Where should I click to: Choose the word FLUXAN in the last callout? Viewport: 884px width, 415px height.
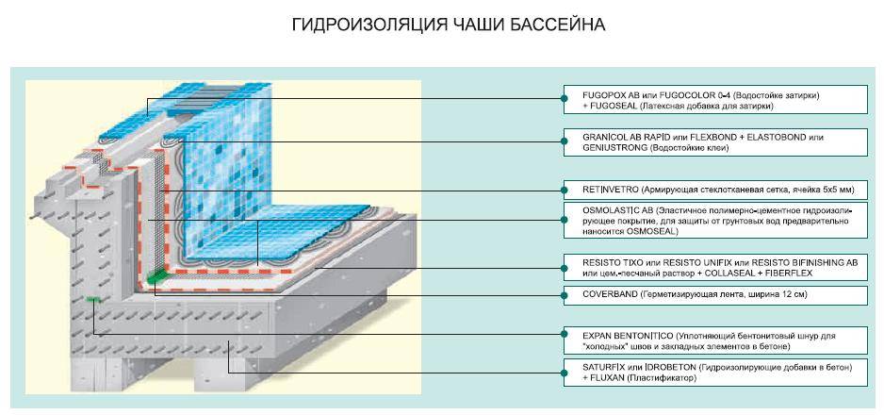coord(608,378)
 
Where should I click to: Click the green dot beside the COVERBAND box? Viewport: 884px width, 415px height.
coord(564,295)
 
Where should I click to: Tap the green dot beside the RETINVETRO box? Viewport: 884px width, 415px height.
coord(564,190)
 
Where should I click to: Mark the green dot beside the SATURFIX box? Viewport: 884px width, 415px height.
coord(564,373)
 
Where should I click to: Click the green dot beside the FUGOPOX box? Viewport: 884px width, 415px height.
coord(564,99)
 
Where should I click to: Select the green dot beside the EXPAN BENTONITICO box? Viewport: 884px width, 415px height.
coord(564,335)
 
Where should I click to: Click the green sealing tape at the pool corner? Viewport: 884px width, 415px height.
coord(156,275)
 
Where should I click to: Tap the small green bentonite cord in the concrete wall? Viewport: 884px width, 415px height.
coord(93,299)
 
